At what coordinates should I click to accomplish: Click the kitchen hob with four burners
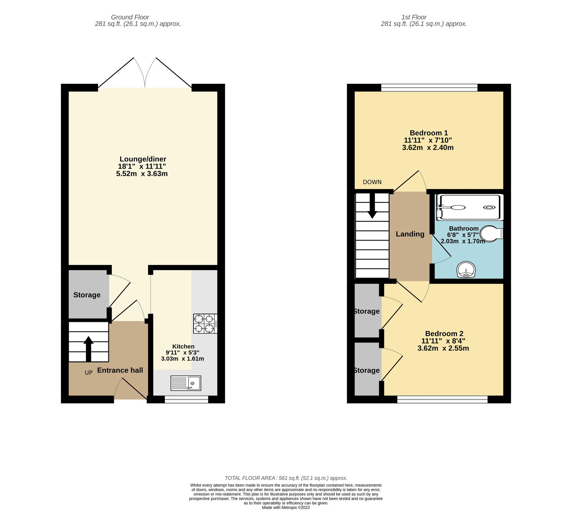point(205,323)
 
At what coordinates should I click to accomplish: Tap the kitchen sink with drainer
point(186,383)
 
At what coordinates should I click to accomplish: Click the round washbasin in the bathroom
point(466,269)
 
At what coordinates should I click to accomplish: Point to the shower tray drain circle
point(489,207)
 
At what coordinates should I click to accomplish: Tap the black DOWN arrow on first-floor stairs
point(372,207)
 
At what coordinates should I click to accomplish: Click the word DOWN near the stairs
point(372,182)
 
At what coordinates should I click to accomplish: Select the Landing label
point(410,234)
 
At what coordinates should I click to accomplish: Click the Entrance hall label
point(120,370)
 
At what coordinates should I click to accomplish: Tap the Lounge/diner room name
point(143,159)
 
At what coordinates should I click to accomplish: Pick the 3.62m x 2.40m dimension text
point(428,148)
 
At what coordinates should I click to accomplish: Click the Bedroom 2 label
point(444,333)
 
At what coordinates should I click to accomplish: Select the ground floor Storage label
point(87,295)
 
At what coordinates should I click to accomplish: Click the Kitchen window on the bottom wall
point(186,399)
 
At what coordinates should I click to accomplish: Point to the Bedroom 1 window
point(429,88)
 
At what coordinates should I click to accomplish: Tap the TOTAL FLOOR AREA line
point(286,478)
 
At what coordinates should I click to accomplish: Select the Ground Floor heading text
point(130,17)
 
